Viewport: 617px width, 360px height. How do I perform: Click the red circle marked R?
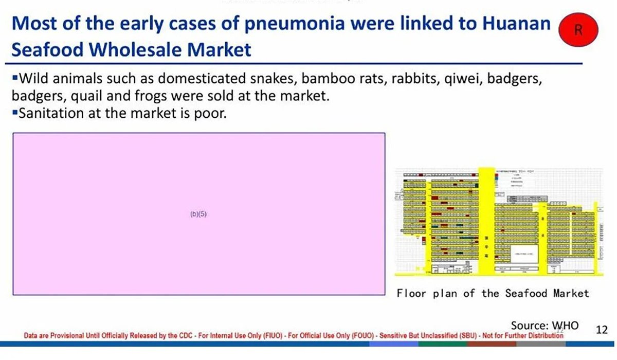tap(578, 30)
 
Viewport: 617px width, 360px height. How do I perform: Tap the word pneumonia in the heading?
tap(244, 24)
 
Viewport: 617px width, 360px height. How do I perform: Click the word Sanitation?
tap(53, 113)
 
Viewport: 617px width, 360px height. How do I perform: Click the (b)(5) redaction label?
tap(198, 214)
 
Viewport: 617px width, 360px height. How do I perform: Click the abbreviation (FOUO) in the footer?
tap(360, 335)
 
